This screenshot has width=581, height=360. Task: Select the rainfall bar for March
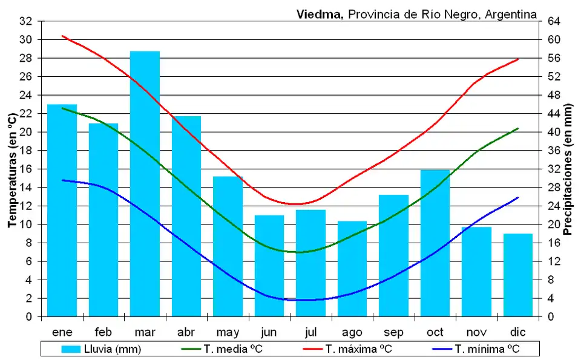point(145,182)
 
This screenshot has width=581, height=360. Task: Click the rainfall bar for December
point(518,275)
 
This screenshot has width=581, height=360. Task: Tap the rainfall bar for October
point(435,254)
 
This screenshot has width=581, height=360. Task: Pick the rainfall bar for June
point(269,266)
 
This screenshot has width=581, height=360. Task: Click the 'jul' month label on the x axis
point(311,332)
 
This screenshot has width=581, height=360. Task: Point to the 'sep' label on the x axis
point(393,332)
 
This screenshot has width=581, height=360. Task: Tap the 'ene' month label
point(62,332)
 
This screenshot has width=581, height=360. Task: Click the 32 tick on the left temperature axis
point(25,21)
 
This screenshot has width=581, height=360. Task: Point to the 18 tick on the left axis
point(25,151)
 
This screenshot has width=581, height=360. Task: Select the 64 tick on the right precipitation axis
point(554,21)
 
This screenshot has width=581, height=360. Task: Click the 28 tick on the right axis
point(554,188)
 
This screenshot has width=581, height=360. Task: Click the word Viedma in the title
point(320,14)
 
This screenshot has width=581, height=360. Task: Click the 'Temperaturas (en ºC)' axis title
point(11,169)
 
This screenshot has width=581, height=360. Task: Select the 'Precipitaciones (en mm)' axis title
point(568,169)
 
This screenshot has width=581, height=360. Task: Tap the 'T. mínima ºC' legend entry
point(478,349)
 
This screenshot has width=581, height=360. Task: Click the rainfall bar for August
point(352,269)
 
